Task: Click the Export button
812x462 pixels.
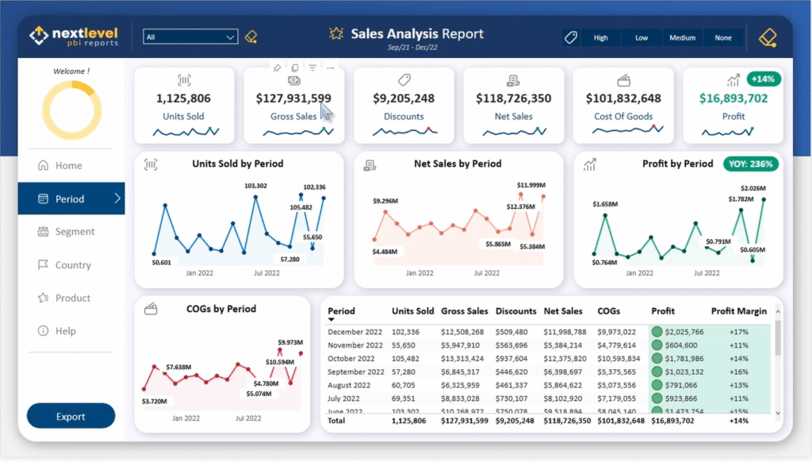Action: (x=71, y=416)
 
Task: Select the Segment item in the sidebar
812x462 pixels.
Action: (x=75, y=232)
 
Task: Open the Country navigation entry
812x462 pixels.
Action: (x=73, y=265)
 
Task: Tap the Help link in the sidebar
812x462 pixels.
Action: (x=66, y=331)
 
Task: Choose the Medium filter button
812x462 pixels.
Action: (x=682, y=37)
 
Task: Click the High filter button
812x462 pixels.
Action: (x=601, y=37)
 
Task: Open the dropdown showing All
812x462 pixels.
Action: (x=190, y=37)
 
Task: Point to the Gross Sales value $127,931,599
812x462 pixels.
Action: (x=293, y=98)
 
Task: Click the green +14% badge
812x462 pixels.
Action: (x=764, y=79)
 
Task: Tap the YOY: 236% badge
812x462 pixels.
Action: (x=750, y=164)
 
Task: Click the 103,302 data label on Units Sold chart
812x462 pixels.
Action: (x=255, y=186)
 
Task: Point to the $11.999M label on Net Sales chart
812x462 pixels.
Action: (x=531, y=185)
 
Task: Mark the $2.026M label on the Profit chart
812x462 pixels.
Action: (x=753, y=188)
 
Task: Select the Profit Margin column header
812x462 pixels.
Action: (x=738, y=311)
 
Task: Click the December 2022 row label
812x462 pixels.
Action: (x=355, y=331)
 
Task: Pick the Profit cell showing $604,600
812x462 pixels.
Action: (x=681, y=345)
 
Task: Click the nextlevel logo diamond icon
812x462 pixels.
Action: (x=39, y=36)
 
